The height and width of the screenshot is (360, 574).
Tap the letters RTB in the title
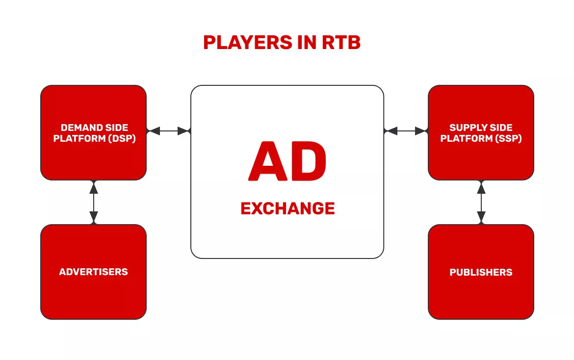(x=341, y=43)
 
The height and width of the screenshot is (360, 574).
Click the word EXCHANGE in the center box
(x=287, y=208)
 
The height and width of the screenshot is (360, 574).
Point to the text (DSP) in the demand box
(x=120, y=138)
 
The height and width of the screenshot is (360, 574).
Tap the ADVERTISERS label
(x=93, y=272)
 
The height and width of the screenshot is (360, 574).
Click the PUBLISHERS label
(x=481, y=272)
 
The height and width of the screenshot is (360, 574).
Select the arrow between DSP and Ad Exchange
(x=168, y=131)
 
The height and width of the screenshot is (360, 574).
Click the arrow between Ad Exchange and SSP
(x=406, y=131)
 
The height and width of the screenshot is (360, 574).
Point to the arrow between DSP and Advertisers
(x=93, y=202)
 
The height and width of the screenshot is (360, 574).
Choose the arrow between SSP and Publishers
(x=481, y=202)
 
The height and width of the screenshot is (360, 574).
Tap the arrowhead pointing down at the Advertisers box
(x=93, y=217)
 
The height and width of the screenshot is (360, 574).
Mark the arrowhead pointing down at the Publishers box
(x=481, y=217)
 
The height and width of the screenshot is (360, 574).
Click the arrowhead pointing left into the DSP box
(x=154, y=131)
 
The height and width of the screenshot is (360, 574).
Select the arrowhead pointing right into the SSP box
(x=421, y=131)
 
